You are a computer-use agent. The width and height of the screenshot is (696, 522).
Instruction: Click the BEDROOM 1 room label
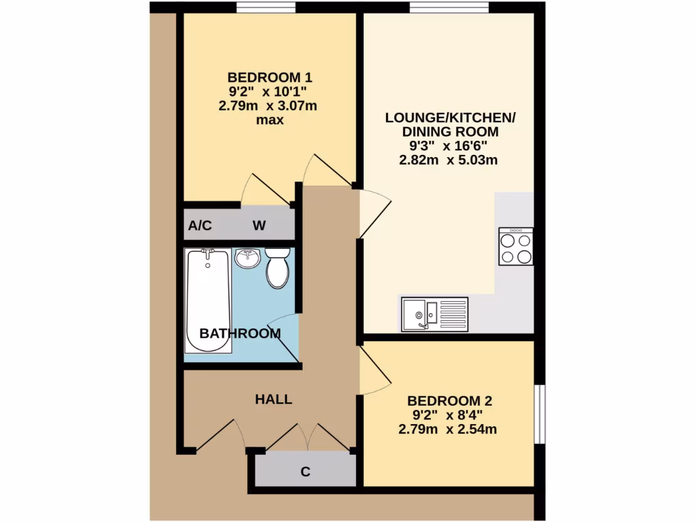pos(270,77)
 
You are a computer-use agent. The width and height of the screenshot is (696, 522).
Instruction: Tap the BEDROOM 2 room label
pos(449,400)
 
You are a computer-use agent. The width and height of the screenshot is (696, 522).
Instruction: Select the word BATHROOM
pos(239,334)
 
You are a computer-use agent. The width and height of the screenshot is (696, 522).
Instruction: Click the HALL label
pos(273,400)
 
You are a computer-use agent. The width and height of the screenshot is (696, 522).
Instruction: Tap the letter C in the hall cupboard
pos(305,471)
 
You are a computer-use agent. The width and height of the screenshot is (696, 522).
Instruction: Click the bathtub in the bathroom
pos(208,300)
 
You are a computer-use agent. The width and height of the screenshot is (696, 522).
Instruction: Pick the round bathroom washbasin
pos(247,258)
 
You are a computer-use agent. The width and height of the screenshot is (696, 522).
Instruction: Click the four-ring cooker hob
pos(516,246)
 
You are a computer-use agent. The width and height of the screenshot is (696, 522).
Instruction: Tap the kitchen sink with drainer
pos(434,314)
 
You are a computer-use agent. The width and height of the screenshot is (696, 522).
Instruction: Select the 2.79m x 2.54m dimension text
pos(449,429)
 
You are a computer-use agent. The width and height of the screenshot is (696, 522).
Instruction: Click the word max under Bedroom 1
pos(269,120)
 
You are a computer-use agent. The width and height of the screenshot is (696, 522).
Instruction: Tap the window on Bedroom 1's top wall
pos(266,7)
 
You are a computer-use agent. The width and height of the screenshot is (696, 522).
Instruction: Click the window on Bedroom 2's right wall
pos(539,415)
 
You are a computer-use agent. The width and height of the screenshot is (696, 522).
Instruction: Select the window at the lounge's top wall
pos(449,7)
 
